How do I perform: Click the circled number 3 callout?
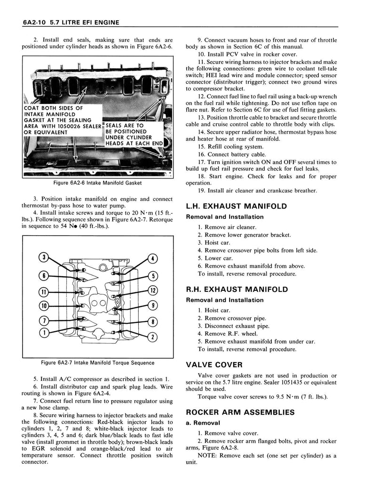point(44,257)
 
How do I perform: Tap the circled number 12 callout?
point(152,290)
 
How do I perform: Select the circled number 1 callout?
point(44,333)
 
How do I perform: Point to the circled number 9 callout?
point(152,305)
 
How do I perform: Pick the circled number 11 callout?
point(44,291)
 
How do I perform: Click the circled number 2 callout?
point(152,336)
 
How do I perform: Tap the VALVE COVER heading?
point(214,364)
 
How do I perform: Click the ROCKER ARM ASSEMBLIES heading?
point(240,412)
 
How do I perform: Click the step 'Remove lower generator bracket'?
point(244,235)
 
